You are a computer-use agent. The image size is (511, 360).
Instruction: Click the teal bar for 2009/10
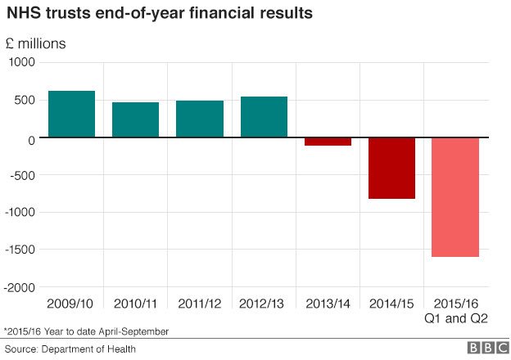[71, 114]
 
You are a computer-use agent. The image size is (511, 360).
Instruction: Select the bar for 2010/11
[135, 119]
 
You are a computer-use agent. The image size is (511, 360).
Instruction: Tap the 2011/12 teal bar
[199, 119]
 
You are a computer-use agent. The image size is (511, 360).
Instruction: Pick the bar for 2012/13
[264, 117]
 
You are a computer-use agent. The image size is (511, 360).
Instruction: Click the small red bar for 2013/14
[328, 142]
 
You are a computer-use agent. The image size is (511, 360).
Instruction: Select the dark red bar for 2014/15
[391, 168]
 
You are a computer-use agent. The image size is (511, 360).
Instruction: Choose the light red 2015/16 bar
[455, 197]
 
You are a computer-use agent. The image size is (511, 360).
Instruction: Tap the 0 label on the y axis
[32, 138]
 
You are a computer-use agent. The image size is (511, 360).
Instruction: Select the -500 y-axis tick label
[23, 175]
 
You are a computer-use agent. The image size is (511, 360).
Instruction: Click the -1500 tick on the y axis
[20, 250]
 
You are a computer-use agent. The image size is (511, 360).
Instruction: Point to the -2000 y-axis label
[20, 287]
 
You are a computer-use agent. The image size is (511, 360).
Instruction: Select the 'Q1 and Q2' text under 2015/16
[455, 318]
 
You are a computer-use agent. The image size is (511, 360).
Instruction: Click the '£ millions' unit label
[37, 43]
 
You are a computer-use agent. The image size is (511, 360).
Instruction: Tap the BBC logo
[486, 348]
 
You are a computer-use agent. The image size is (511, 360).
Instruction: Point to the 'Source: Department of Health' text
[64, 349]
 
